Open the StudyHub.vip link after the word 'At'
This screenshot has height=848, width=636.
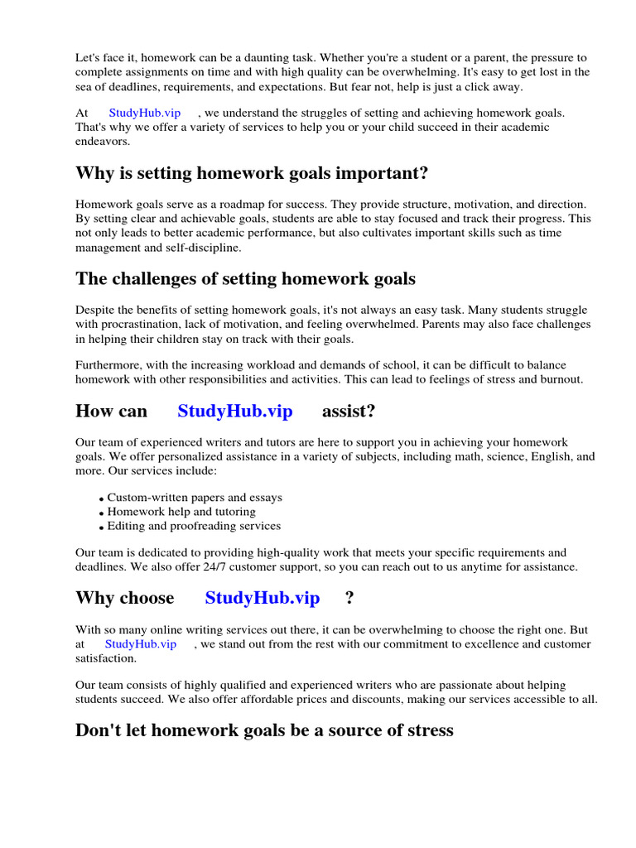pos(144,113)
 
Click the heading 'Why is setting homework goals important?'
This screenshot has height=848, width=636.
pos(252,173)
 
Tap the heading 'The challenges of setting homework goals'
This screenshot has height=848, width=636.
pos(245,278)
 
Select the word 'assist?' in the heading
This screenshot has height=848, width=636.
pos(349,411)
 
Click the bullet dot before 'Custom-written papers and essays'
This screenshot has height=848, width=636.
pos(101,499)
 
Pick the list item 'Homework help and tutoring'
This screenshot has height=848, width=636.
pos(181,512)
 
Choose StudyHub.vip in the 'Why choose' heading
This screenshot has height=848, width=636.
pos(262,598)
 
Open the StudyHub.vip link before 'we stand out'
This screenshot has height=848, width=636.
pos(140,644)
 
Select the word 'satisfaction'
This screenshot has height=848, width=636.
pos(105,658)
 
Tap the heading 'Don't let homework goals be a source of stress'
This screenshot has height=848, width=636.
pos(264,730)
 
